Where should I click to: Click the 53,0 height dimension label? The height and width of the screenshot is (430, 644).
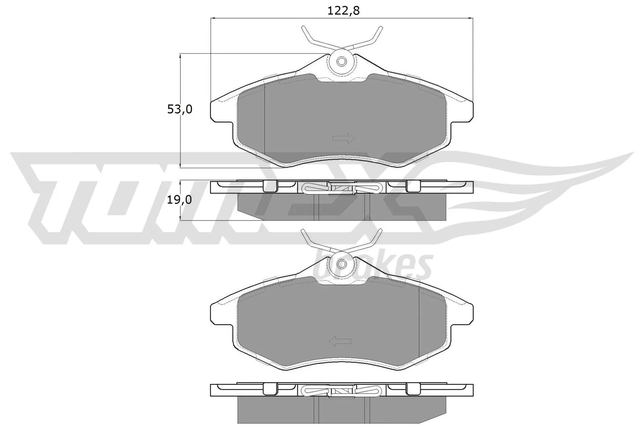180,109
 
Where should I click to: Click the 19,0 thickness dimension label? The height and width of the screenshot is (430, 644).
180,200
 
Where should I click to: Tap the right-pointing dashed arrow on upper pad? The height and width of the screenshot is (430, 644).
343,139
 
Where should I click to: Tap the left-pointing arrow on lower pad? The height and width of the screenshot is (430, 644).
340,342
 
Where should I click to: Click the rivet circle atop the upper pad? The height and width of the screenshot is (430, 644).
342,62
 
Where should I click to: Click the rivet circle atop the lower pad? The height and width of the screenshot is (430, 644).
342,264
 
